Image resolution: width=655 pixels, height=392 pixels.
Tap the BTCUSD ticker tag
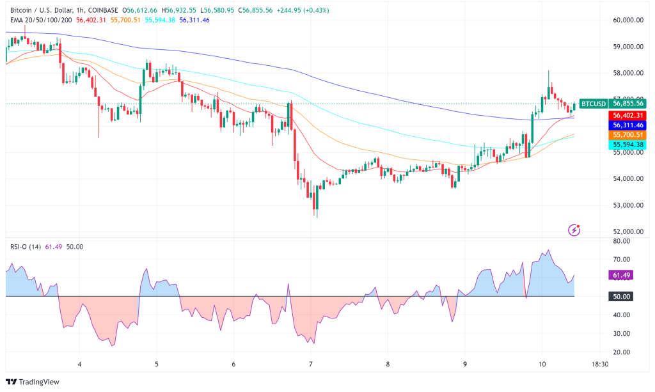(x=592, y=104)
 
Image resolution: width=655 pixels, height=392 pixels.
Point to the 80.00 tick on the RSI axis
(x=622, y=241)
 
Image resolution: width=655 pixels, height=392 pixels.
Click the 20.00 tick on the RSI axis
(x=622, y=352)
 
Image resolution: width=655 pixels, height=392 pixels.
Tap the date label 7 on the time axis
(x=311, y=365)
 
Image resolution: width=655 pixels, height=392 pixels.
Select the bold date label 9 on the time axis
(x=465, y=365)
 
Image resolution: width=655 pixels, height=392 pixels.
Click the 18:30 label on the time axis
(x=599, y=365)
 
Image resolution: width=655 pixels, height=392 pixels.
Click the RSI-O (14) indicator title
(x=26, y=247)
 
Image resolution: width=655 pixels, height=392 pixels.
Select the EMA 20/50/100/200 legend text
(x=41, y=20)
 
